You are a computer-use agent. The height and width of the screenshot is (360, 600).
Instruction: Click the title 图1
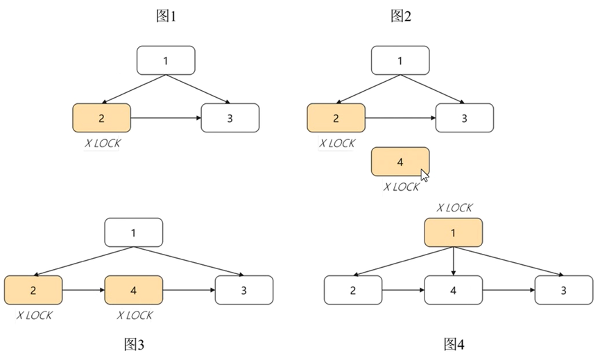(165, 16)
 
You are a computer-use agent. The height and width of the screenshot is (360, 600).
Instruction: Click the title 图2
(400, 16)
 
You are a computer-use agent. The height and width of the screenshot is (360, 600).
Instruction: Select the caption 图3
(135, 344)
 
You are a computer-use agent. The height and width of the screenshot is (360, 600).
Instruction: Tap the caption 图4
(454, 344)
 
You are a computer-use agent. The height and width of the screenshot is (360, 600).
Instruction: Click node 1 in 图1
(166, 60)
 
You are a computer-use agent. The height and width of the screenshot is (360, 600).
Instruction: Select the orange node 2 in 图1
(101, 118)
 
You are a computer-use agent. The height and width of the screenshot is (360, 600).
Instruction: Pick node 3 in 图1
(230, 118)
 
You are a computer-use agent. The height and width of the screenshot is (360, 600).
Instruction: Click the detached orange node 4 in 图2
(400, 162)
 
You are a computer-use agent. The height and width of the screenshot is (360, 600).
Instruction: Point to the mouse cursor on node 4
(425, 175)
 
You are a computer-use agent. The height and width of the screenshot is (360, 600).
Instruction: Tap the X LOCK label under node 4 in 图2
(402, 187)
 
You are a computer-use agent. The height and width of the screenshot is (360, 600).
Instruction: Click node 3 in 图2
(465, 118)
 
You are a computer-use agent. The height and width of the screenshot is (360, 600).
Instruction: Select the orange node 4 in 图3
(134, 290)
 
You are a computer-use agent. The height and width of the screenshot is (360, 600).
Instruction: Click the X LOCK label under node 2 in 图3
(33, 315)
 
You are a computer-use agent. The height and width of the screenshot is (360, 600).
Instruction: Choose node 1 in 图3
(134, 232)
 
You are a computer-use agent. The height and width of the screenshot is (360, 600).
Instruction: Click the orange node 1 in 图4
(454, 233)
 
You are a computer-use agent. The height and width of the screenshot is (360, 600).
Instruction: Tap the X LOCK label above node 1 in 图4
(454, 207)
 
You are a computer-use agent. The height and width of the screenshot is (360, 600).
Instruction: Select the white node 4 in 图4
(454, 290)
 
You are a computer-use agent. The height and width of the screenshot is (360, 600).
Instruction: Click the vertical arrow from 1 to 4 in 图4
(454, 262)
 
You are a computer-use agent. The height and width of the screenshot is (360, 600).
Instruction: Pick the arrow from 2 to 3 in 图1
(165, 118)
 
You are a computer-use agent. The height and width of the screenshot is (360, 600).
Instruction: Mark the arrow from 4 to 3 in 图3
(189, 290)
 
